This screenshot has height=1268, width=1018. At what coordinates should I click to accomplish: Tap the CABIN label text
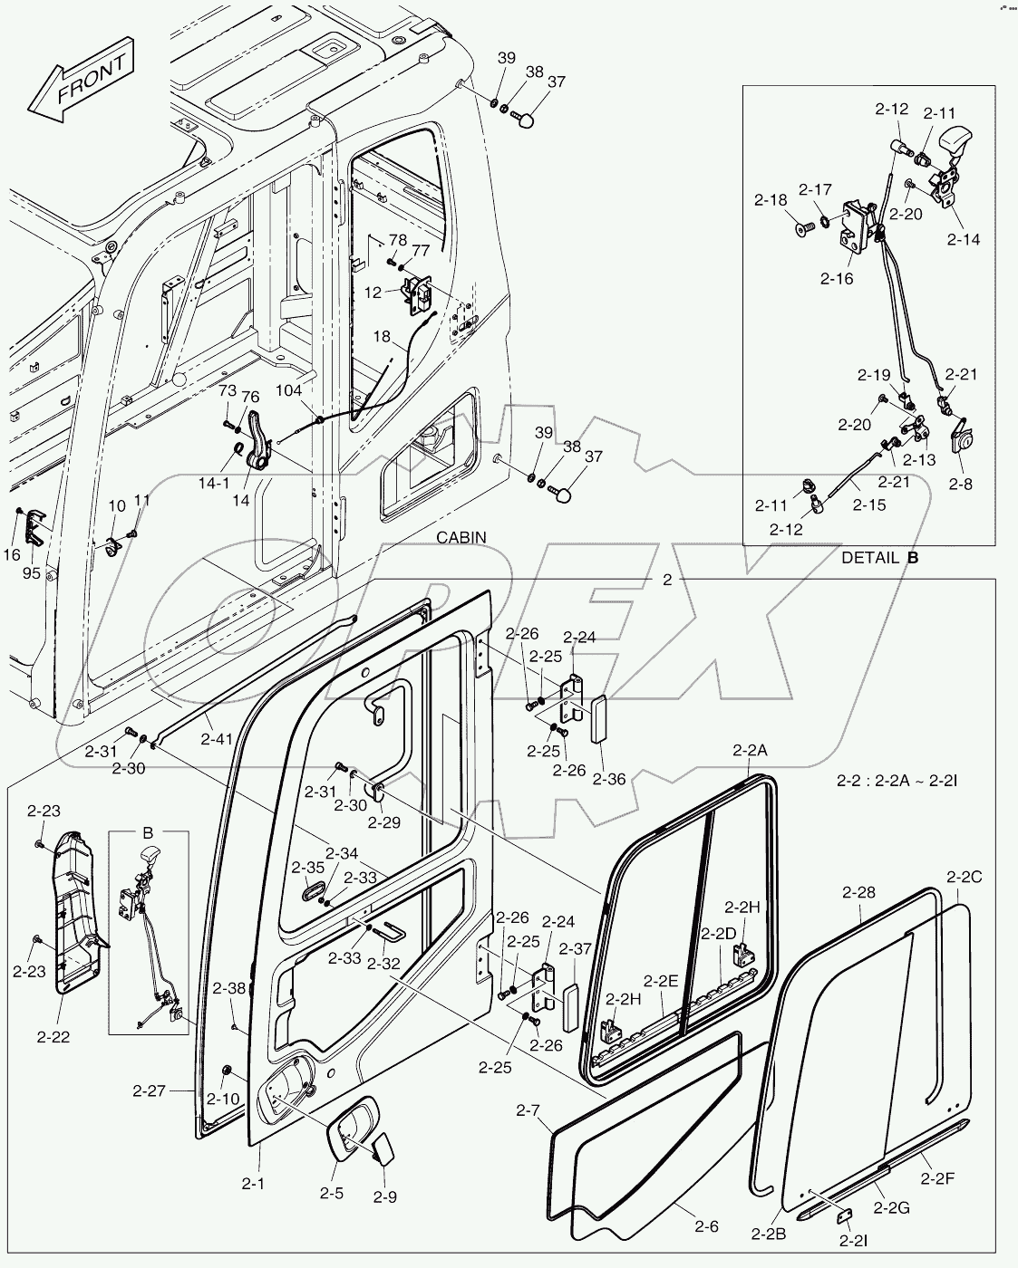pos(461,538)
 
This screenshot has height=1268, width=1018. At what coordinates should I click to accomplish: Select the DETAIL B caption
pos(879,558)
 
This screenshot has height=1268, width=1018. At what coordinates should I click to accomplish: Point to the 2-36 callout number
pos(609,779)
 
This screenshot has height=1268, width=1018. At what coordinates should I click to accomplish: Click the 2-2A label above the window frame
pos(750,750)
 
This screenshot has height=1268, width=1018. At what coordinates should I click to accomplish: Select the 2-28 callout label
pos(858,892)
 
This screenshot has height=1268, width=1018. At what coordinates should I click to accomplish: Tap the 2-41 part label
pos(217,739)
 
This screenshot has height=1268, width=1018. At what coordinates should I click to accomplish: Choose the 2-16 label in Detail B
pos(837,279)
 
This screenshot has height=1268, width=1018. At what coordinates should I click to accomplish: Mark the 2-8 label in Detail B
pos(960,485)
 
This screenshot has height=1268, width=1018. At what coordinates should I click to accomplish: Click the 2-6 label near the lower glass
pos(706,1226)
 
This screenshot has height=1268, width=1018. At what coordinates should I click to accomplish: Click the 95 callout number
pos(32,572)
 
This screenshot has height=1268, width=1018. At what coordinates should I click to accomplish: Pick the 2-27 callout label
pos(149,1090)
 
